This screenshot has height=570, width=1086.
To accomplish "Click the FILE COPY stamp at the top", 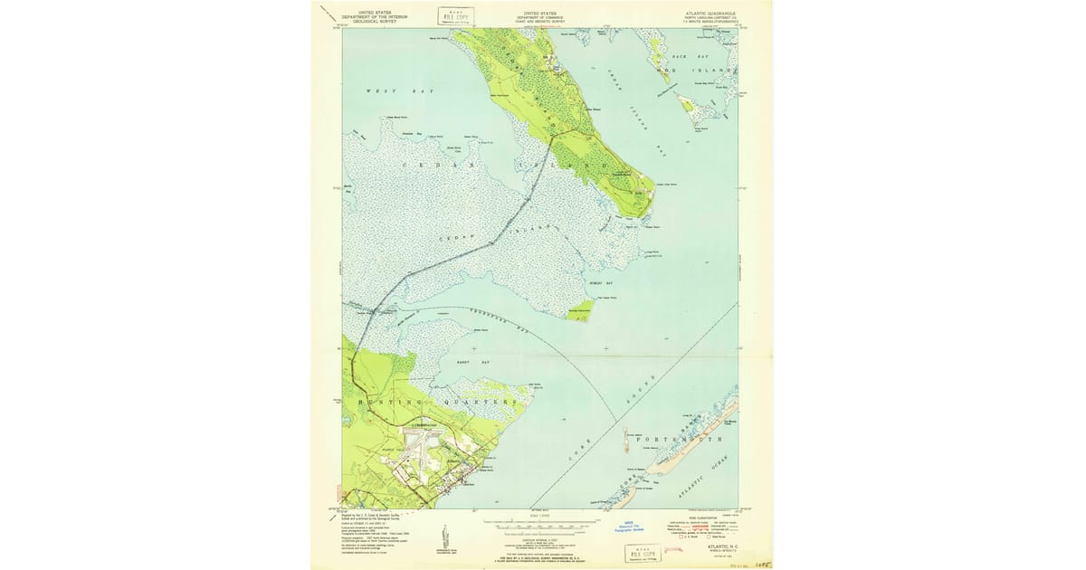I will click(454, 15).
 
